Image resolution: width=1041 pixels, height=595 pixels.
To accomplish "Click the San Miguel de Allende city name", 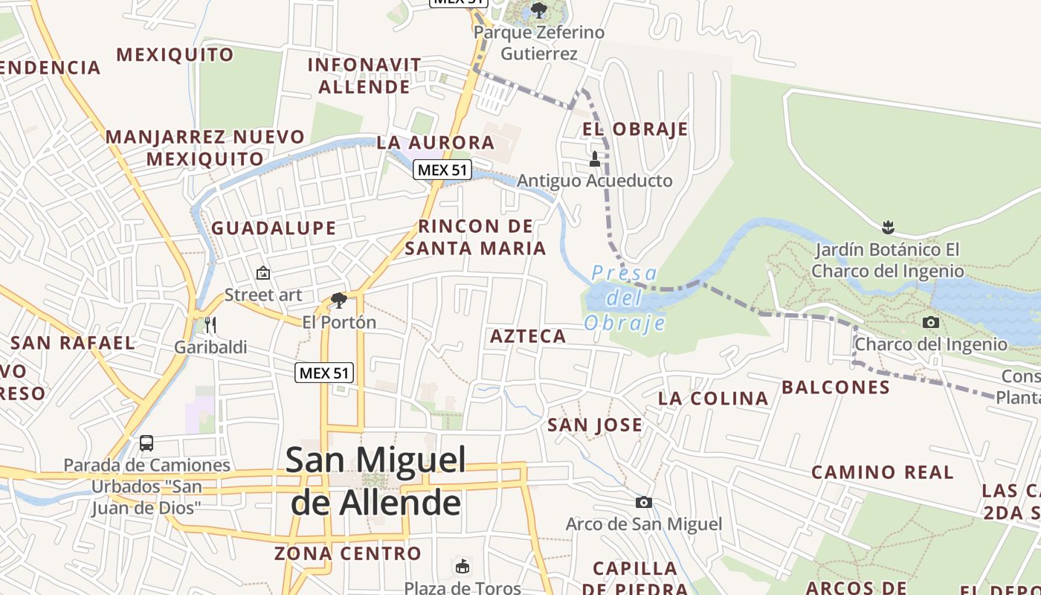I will (376, 481).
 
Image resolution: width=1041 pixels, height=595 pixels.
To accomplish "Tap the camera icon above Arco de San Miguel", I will (644, 503).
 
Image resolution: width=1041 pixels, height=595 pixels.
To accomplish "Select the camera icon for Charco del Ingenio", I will (930, 322).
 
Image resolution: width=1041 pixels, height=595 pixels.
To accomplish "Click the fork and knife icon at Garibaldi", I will (210, 324).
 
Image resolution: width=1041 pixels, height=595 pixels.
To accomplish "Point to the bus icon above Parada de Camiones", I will (146, 443).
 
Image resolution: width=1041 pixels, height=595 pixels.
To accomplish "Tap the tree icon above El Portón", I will (339, 300).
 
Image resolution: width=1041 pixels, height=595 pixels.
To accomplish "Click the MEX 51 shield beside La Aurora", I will (442, 170).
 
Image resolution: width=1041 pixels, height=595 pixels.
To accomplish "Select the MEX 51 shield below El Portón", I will (324, 373).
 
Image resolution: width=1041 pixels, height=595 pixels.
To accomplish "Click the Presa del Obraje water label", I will (625, 298).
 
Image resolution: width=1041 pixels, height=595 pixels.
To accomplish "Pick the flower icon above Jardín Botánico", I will (887, 226).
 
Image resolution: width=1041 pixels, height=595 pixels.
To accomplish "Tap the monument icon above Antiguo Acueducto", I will (594, 158).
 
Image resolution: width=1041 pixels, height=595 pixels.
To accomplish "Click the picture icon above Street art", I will (262, 273).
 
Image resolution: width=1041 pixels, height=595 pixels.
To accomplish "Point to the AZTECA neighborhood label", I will (528, 336).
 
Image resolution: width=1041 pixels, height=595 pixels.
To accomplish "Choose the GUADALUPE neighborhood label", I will (274, 228).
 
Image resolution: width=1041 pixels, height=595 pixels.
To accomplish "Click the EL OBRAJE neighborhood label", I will (635, 129).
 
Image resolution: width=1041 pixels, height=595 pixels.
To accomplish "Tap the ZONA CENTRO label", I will (348, 553).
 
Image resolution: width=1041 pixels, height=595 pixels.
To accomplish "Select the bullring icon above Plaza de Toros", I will (463, 566).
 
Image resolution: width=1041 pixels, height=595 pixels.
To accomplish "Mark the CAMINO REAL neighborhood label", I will (882, 472).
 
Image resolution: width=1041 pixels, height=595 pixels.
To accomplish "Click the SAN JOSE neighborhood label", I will (595, 425).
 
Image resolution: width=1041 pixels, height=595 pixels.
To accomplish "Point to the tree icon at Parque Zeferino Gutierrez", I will (538, 10).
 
